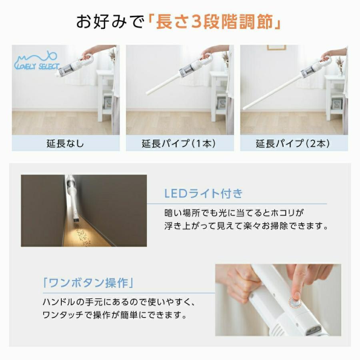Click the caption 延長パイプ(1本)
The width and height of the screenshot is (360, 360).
tap(179, 144)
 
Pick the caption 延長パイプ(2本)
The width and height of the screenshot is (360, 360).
tap(293, 144)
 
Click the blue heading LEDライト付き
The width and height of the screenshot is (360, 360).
tap(204, 194)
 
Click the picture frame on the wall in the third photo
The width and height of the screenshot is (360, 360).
tap(276, 47)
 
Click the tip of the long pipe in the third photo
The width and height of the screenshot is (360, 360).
tap(245, 108)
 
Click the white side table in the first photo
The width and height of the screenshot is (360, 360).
tap(105, 92)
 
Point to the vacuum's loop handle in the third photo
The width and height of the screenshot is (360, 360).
tap(326, 61)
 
